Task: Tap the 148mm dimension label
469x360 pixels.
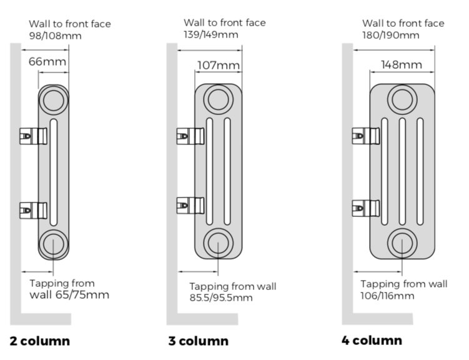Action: click(402, 64)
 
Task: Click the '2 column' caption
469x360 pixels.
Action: click(40, 341)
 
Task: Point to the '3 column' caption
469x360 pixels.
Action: click(199, 341)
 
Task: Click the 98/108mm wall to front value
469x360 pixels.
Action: click(55, 36)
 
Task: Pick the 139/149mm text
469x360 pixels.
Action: click(211, 34)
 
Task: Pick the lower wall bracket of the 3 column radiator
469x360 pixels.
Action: click(191, 204)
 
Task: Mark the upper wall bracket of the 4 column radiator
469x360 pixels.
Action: click(366, 134)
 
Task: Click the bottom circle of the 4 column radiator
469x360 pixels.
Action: click(402, 242)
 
